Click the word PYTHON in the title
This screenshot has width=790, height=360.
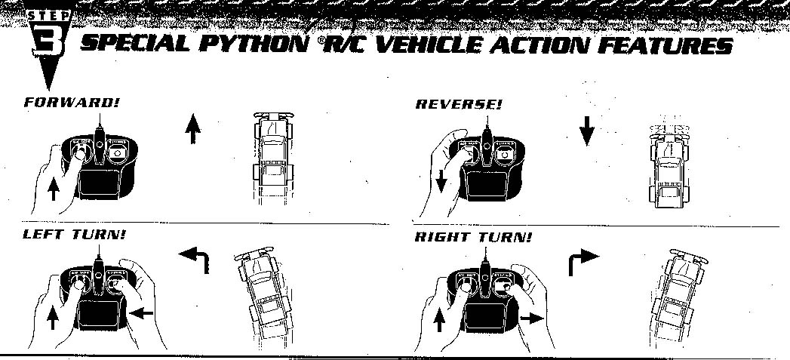(254, 45)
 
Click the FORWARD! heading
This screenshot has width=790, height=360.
(62, 103)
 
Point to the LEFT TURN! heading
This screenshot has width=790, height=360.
(74, 235)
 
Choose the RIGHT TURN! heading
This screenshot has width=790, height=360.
(473, 238)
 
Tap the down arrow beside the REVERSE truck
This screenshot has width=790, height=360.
(587, 131)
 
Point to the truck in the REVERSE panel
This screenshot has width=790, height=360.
(669, 165)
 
